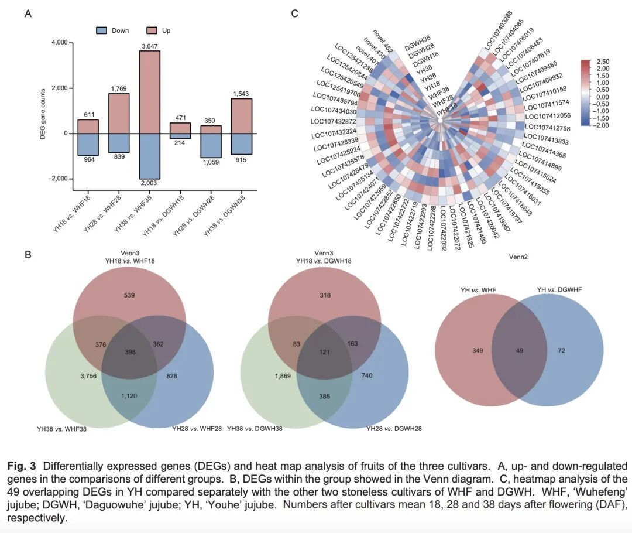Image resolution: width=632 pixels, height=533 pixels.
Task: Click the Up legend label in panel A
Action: click(166, 30)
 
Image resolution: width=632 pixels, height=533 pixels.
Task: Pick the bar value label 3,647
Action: click(149, 46)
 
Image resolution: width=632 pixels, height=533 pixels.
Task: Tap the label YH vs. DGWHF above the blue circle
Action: click(559, 289)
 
